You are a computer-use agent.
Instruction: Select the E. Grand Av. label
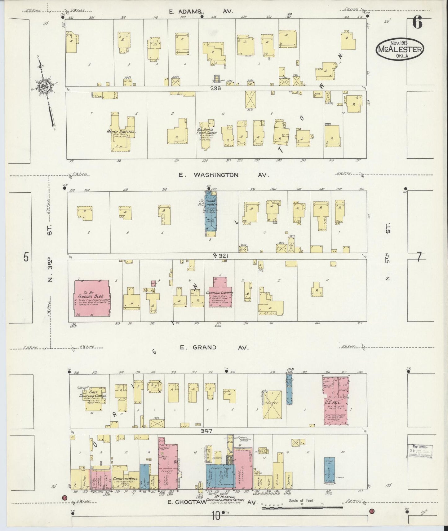pyautogui.click(x=215, y=348)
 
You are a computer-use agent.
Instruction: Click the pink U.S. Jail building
pyautogui.click(x=336, y=400)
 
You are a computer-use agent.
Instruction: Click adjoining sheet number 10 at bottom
pyautogui.click(x=216, y=516)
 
